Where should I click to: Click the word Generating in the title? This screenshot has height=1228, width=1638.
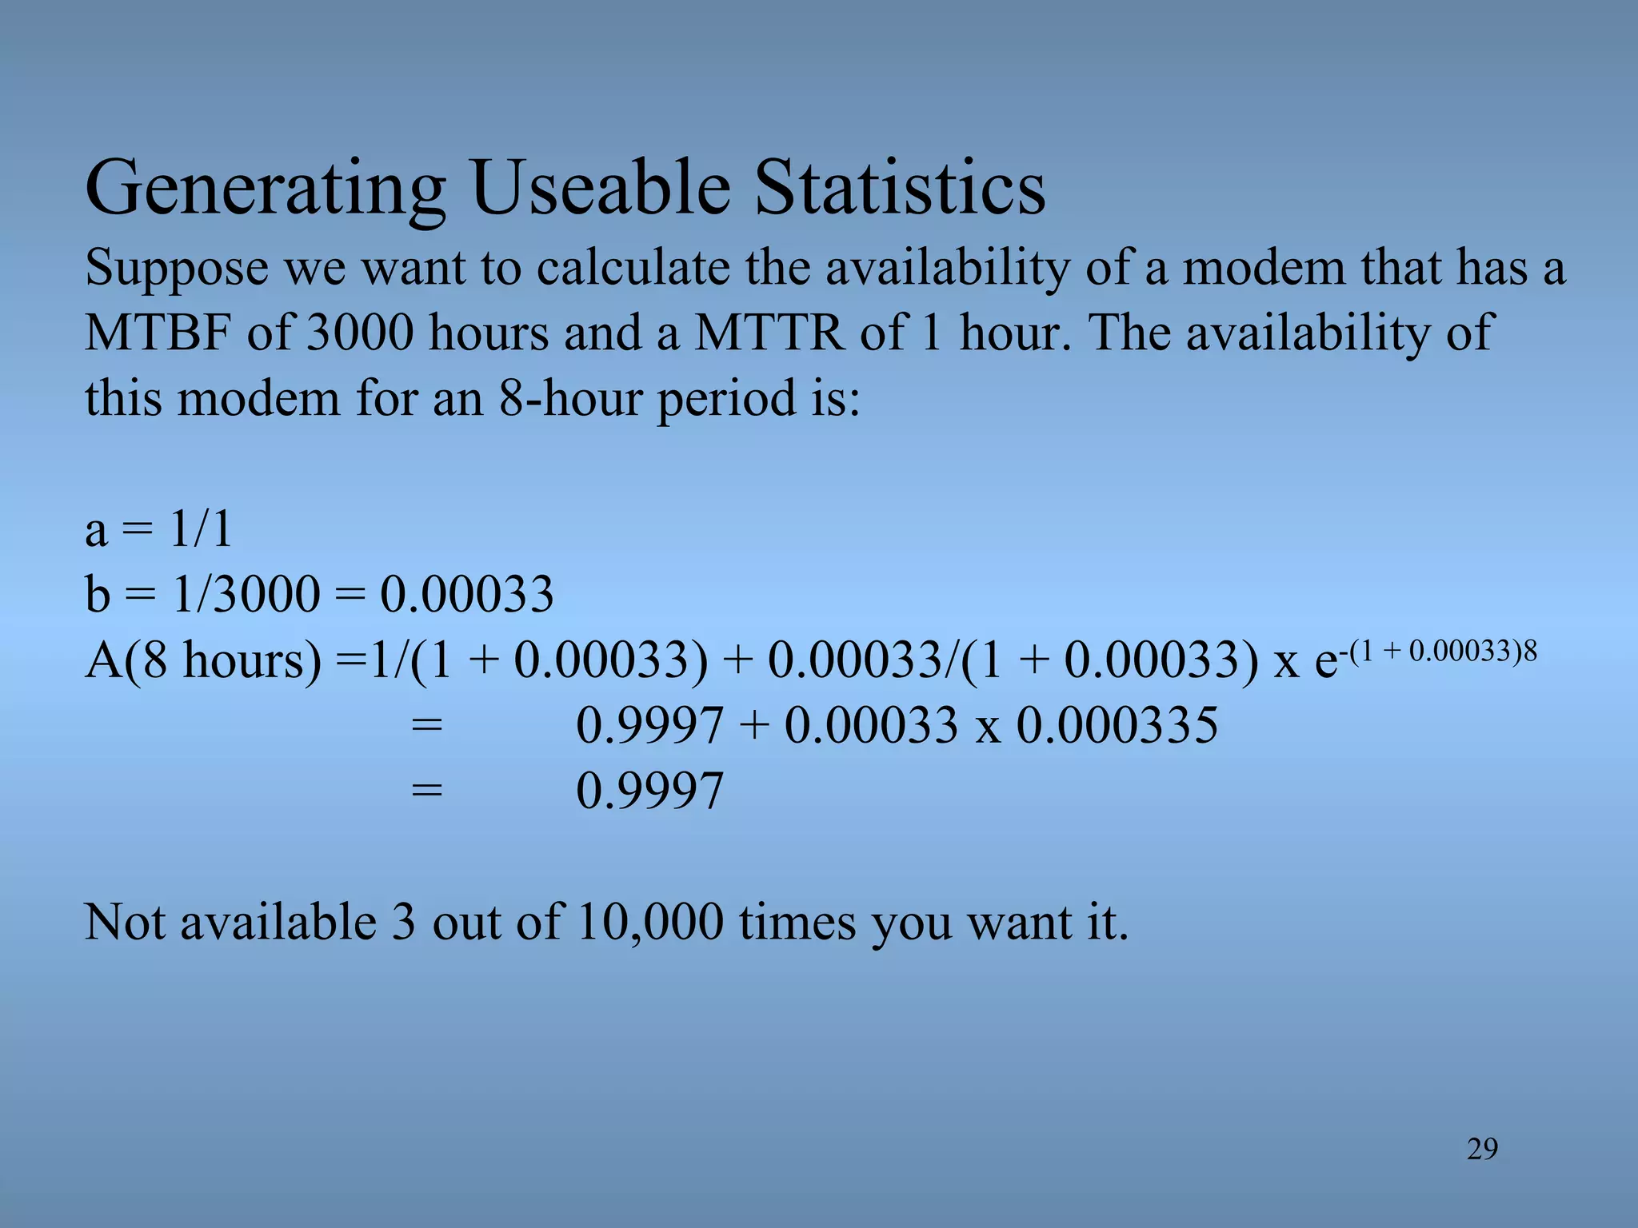point(265,189)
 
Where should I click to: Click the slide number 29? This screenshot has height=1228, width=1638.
point(1482,1149)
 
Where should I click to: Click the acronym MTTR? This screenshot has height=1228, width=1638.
point(769,333)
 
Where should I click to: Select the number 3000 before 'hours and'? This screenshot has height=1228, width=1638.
point(361,333)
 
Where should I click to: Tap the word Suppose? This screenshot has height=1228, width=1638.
point(177,269)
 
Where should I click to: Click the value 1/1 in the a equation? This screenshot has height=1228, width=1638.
point(202,529)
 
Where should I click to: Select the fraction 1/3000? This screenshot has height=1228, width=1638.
point(246,595)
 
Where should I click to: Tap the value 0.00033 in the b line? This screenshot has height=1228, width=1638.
point(466,595)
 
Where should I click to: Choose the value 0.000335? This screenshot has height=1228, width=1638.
point(1117,726)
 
